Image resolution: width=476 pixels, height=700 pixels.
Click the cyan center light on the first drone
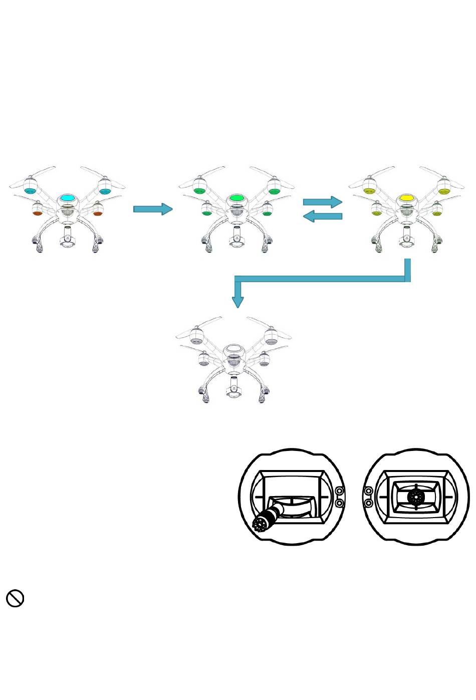click(x=67, y=198)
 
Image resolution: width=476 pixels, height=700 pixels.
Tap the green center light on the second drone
click(x=236, y=198)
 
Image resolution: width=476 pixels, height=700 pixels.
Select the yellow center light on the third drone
click(x=406, y=198)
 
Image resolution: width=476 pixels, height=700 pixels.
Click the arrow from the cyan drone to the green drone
click(x=153, y=209)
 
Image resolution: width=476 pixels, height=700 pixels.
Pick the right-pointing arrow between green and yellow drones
click(x=323, y=202)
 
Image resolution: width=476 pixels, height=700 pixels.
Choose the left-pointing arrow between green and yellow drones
click(x=323, y=216)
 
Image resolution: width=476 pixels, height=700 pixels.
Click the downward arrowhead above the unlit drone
click(x=238, y=302)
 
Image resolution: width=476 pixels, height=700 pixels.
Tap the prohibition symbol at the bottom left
click(x=15, y=598)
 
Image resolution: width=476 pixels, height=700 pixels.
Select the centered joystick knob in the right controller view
click(x=416, y=497)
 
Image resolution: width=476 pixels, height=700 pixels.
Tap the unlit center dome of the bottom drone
click(x=233, y=349)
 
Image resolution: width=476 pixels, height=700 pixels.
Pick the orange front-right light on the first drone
click(x=97, y=214)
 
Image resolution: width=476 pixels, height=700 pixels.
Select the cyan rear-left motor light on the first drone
click(x=31, y=191)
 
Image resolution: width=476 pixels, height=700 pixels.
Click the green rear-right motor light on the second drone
click(x=274, y=191)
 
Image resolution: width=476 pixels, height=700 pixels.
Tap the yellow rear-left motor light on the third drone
click(x=370, y=191)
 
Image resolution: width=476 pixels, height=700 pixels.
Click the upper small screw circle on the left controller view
click(x=339, y=492)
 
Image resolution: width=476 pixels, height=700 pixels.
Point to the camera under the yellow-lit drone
click(x=406, y=237)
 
